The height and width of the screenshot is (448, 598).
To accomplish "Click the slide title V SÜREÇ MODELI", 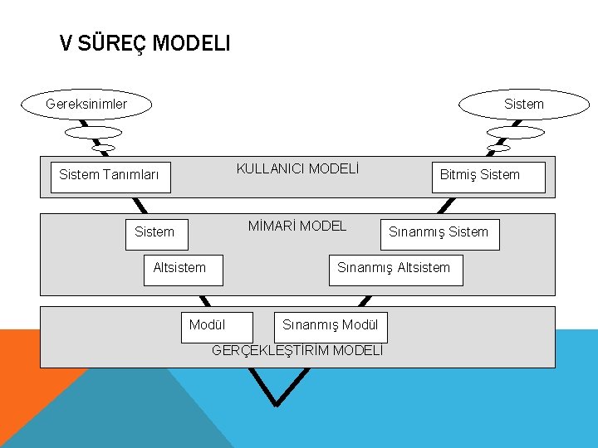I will (x=145, y=44).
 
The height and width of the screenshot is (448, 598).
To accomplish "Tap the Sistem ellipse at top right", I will (x=512, y=105).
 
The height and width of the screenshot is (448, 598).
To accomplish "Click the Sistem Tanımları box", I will (x=110, y=176).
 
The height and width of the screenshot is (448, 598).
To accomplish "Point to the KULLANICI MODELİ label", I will (x=297, y=169).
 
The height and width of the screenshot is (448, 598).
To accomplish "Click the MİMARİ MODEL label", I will (x=297, y=226).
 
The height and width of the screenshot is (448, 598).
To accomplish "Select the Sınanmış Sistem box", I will (x=439, y=233).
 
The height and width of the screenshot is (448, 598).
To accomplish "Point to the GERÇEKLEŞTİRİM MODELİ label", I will (x=297, y=350).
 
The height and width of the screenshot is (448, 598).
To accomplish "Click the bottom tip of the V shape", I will (x=276, y=404).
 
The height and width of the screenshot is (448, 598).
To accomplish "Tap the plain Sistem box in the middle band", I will (x=156, y=233).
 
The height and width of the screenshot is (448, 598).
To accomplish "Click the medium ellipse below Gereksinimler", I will (x=93, y=132).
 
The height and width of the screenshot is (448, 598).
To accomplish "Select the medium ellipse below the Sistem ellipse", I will (x=515, y=132).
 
